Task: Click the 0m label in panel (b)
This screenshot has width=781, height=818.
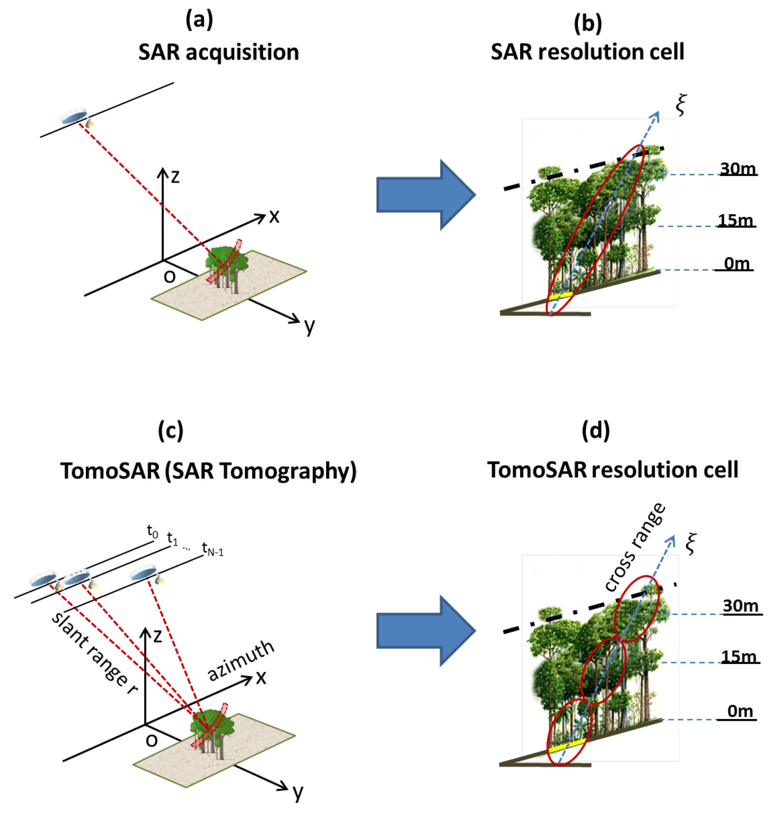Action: (737, 263)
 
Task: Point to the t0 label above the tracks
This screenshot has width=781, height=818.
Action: (153, 532)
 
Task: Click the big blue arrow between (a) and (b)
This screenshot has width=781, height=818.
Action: (425, 195)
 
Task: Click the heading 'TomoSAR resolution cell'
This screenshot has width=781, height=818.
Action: (612, 470)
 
